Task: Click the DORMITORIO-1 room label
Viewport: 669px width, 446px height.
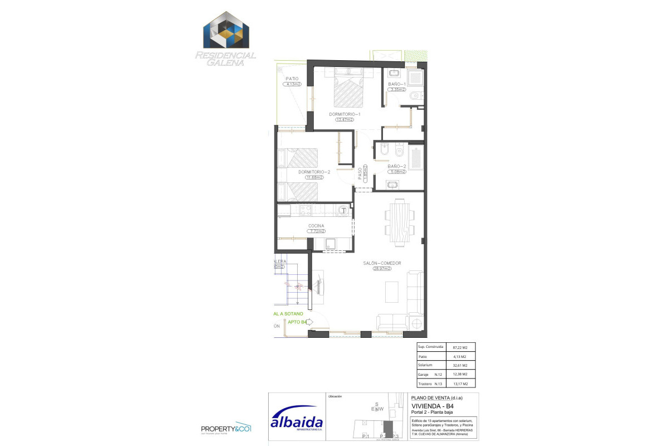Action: pyautogui.click(x=345, y=114)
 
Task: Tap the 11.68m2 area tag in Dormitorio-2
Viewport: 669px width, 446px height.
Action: pyautogui.click(x=314, y=177)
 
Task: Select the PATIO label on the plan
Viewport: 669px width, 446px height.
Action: pyautogui.click(x=292, y=79)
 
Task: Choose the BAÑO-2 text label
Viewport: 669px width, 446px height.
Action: pyautogui.click(x=396, y=166)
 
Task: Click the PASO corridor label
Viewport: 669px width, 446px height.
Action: pyautogui.click(x=360, y=174)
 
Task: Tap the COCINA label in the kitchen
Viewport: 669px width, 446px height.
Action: pyautogui.click(x=316, y=226)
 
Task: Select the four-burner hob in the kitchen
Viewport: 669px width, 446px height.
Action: pyautogui.click(x=305, y=210)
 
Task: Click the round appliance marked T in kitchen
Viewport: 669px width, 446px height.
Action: pyautogui.click(x=344, y=210)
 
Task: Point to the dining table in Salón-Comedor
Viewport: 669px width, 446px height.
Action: pyautogui.click(x=400, y=222)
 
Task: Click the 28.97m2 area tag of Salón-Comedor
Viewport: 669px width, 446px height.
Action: pyautogui.click(x=382, y=269)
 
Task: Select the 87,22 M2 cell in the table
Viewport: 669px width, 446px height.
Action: pyautogui.click(x=460, y=347)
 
